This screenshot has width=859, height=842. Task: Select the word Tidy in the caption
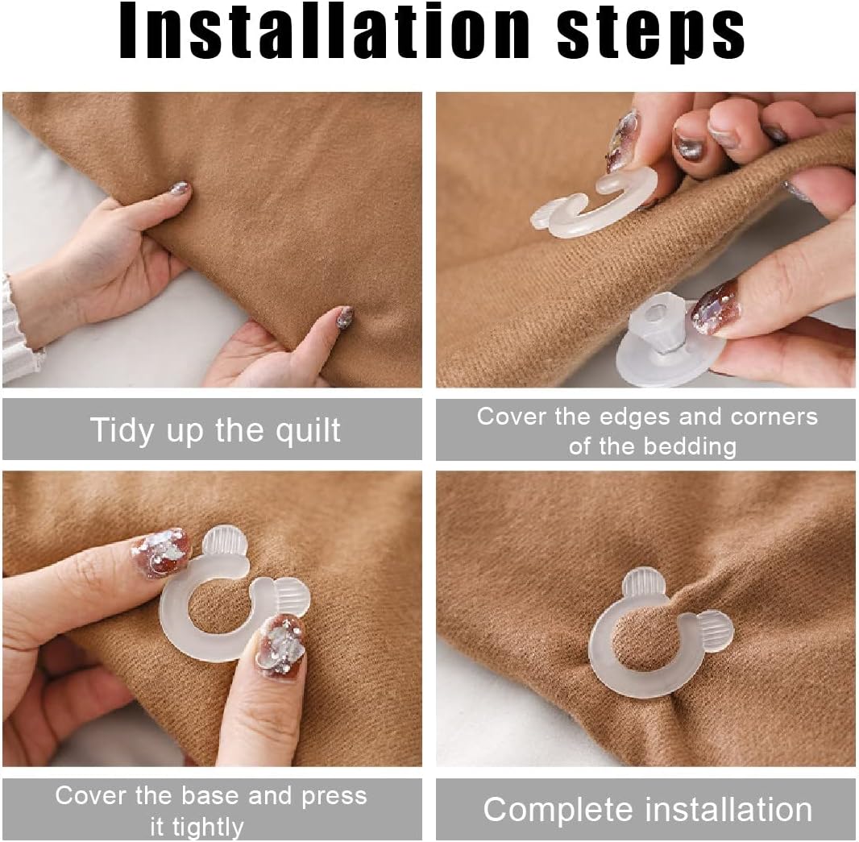122,429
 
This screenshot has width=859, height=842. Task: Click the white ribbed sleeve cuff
16,330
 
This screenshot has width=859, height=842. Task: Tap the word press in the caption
334,796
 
